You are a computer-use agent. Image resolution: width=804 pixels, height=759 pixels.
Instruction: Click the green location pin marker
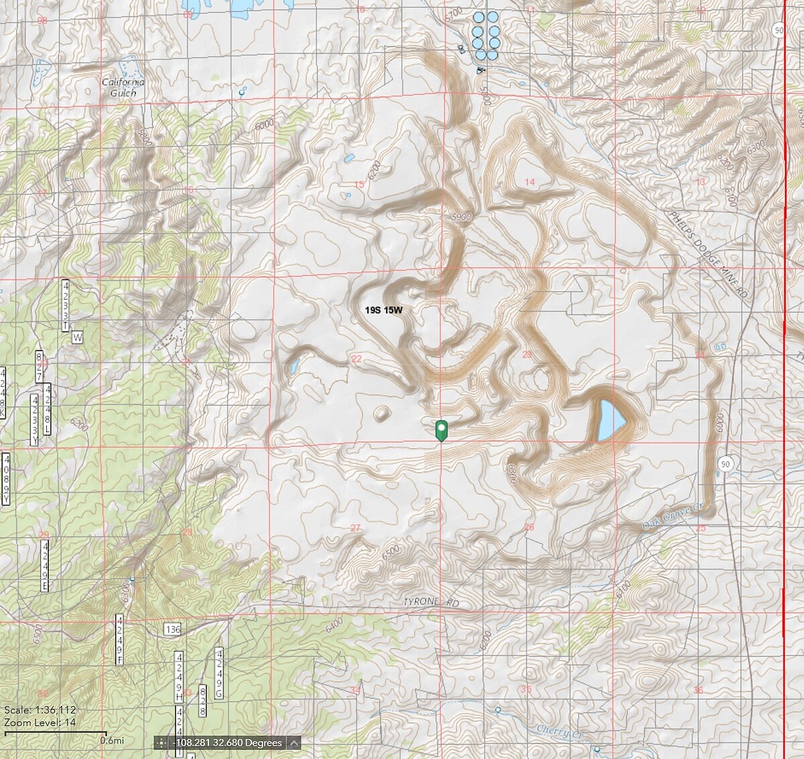[x=441, y=430]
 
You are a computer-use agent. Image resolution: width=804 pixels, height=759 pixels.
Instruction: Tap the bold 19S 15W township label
[x=384, y=310]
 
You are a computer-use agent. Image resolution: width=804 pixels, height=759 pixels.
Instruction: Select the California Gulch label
[x=123, y=87]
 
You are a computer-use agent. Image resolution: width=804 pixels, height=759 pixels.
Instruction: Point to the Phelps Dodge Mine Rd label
[x=709, y=255]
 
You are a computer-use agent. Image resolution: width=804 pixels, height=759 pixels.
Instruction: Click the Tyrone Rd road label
[x=431, y=603]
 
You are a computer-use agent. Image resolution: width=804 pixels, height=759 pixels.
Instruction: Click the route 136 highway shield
[x=172, y=629]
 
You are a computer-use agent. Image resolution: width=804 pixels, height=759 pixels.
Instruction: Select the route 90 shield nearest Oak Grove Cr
[x=726, y=463]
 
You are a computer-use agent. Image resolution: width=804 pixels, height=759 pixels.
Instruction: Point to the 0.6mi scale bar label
[x=111, y=740]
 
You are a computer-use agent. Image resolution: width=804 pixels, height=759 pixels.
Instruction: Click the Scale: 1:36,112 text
[x=40, y=710]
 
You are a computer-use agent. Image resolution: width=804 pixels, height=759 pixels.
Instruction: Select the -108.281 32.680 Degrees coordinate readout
[x=227, y=743]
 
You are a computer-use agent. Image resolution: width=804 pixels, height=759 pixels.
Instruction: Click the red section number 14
[x=530, y=182]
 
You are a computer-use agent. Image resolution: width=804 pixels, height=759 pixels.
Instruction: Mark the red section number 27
[x=356, y=528]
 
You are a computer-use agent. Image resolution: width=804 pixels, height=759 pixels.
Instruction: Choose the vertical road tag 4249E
[x=45, y=567]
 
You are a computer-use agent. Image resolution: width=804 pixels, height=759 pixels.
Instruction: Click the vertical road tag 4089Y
[x=6, y=479]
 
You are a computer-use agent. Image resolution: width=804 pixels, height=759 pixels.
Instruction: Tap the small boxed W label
[x=77, y=338]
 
